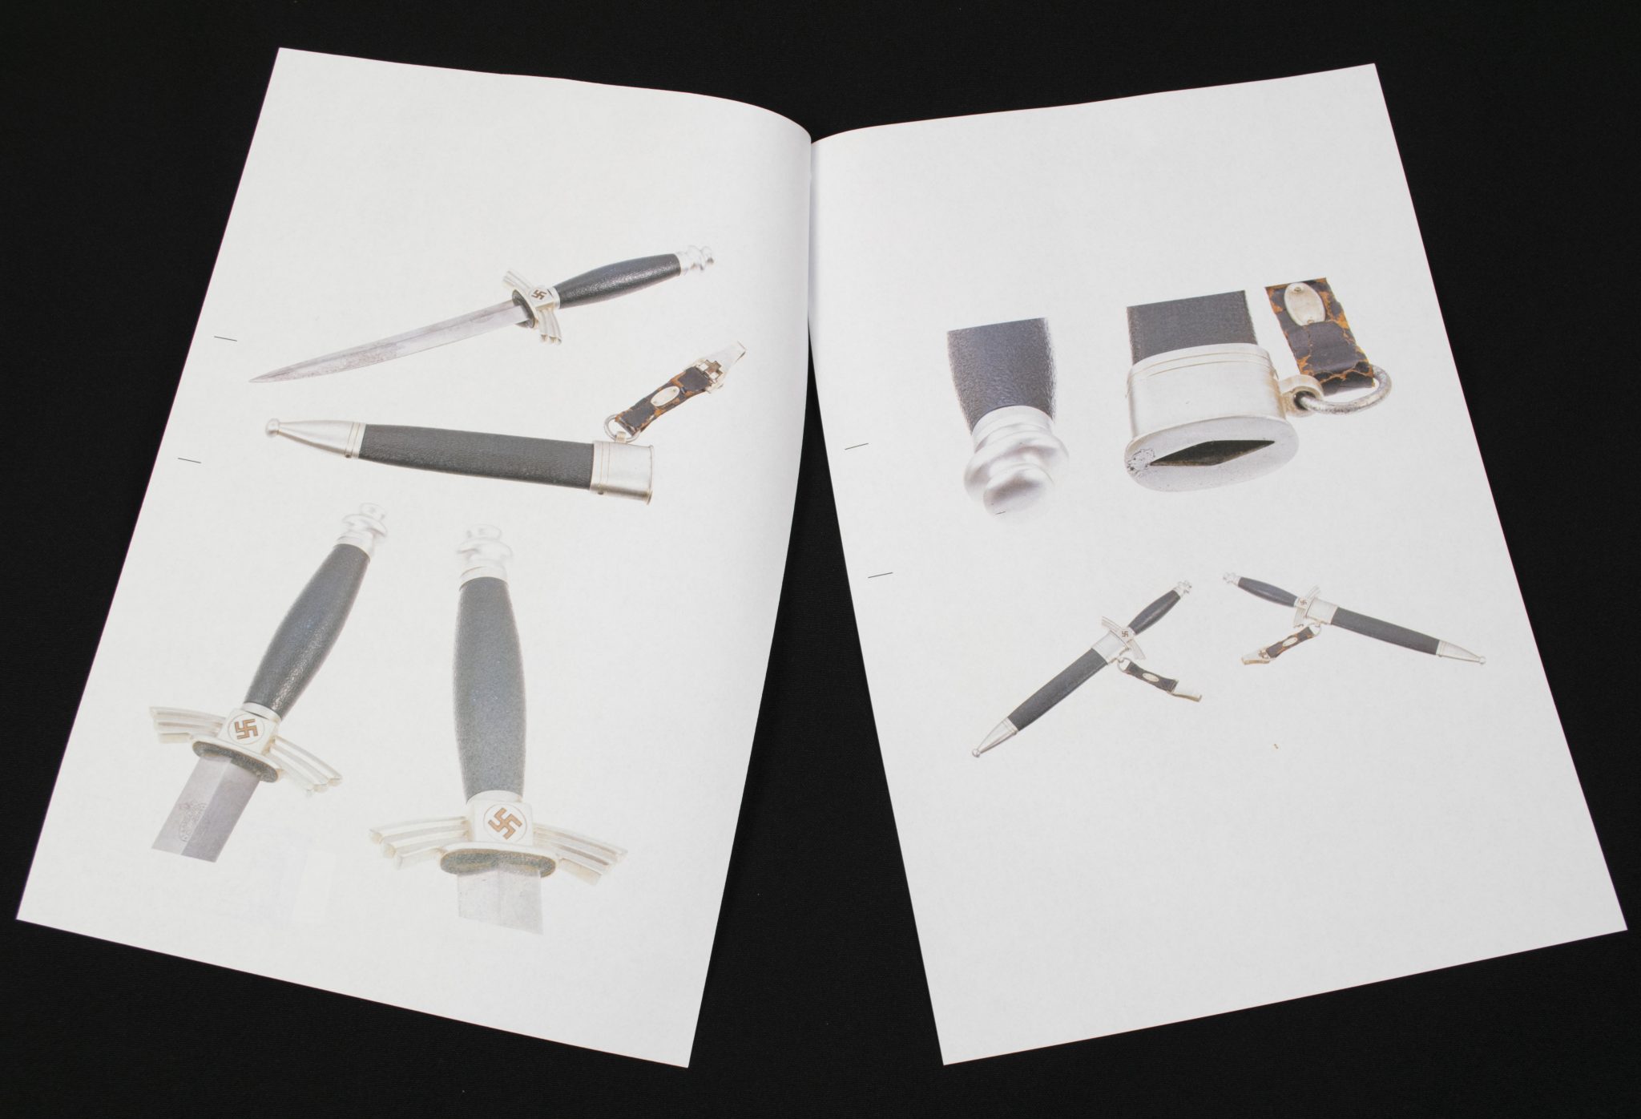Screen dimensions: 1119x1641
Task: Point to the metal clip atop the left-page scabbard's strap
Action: [x=730, y=353]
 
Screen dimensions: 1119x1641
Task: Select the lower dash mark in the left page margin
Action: [x=192, y=459]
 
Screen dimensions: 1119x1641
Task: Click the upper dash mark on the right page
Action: [x=857, y=445]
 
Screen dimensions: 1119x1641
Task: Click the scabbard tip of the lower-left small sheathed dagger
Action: [x=978, y=753]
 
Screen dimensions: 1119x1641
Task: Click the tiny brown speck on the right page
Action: [x=1272, y=745]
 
